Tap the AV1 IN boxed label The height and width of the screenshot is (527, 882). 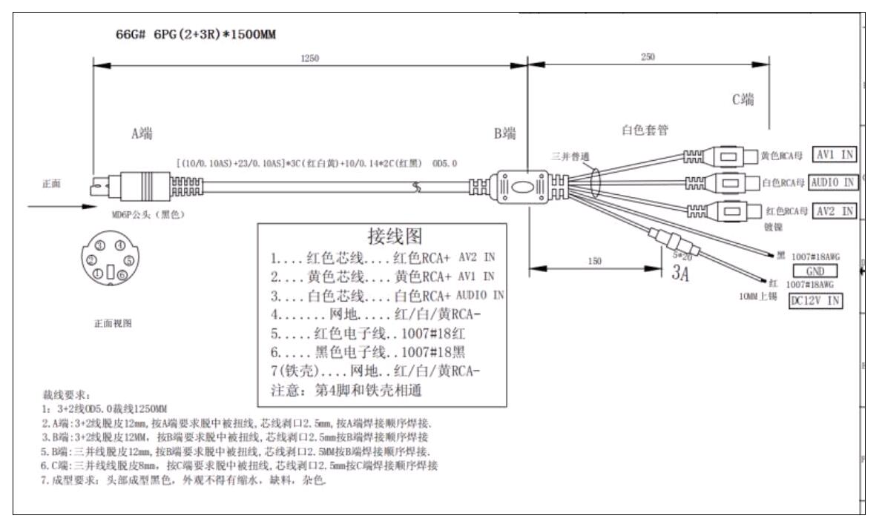point(835,156)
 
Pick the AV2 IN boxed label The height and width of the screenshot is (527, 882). point(835,211)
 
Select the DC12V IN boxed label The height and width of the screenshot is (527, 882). point(818,300)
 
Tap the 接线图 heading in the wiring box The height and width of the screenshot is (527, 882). point(395,236)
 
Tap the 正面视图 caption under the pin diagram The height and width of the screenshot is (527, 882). point(113,324)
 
